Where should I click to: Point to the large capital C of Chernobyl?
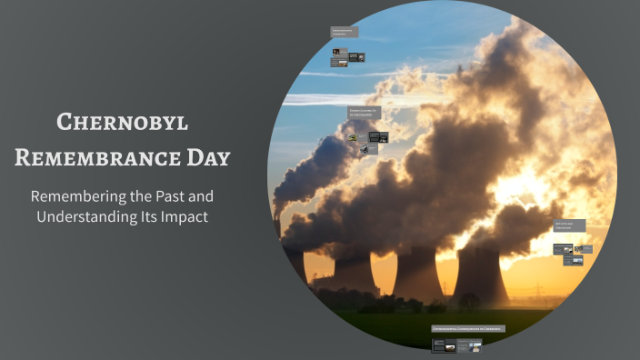pyautogui.click(x=65, y=121)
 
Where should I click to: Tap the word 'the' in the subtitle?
pyautogui.click(x=144, y=196)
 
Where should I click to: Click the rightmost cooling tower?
pyautogui.click(x=479, y=274)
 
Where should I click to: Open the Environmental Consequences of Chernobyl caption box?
pyautogui.click(x=468, y=328)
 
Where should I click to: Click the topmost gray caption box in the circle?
pyautogui.click(x=344, y=33)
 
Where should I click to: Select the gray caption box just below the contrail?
pyautogui.click(x=363, y=112)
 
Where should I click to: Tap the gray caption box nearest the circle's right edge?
pyautogui.click(x=569, y=225)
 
